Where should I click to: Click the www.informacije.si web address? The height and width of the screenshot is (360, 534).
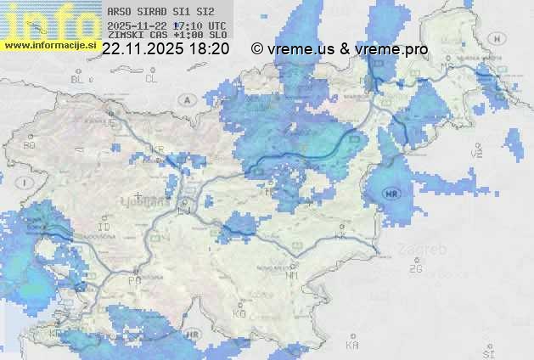point(48,45)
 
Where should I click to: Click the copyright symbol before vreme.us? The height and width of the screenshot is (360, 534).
point(257,49)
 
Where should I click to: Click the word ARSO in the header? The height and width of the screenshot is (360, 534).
point(120,13)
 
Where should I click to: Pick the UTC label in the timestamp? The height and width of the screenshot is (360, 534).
point(217,25)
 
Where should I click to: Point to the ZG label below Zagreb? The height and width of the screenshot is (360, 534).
point(415,269)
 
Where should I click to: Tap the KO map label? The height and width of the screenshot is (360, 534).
point(239,313)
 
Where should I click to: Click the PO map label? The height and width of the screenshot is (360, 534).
point(134,279)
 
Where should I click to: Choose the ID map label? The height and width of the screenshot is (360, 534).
point(104,228)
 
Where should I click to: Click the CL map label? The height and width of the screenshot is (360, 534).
point(151,79)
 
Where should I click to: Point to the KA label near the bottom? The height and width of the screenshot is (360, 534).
point(352,346)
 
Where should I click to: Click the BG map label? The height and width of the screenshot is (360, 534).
point(29,145)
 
